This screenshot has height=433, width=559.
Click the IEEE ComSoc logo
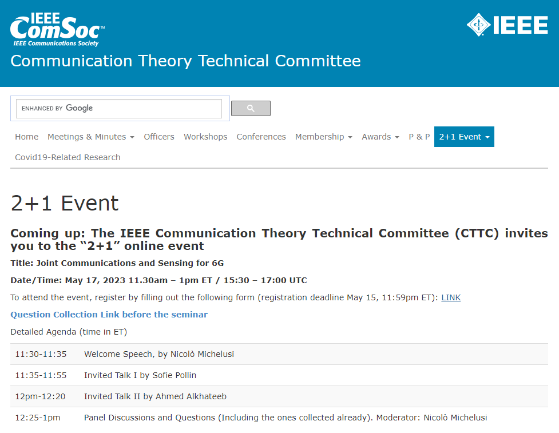[x=57, y=29]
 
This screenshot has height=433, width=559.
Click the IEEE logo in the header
[x=507, y=25]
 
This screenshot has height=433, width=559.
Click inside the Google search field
[x=118, y=108]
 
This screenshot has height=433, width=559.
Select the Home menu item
[x=26, y=137]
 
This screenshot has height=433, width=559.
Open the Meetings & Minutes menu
[x=90, y=137]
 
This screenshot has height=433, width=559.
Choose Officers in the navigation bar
[x=159, y=137]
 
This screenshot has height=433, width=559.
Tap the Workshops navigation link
[x=205, y=137]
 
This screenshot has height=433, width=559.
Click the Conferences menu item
[x=261, y=137]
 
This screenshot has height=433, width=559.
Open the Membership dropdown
[x=323, y=137]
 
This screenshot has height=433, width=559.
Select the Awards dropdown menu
[x=380, y=137]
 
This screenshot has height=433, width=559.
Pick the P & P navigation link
[x=419, y=137]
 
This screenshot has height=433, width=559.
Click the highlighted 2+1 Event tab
[x=464, y=137]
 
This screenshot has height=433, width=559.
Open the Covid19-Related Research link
[x=68, y=157]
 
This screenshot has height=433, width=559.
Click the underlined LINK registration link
[x=451, y=297]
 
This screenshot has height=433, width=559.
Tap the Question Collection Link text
[x=109, y=315]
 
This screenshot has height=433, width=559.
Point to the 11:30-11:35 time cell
[x=41, y=354]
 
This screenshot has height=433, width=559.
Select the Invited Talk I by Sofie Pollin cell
[x=140, y=375]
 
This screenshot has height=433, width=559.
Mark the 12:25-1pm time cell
[x=38, y=418]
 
